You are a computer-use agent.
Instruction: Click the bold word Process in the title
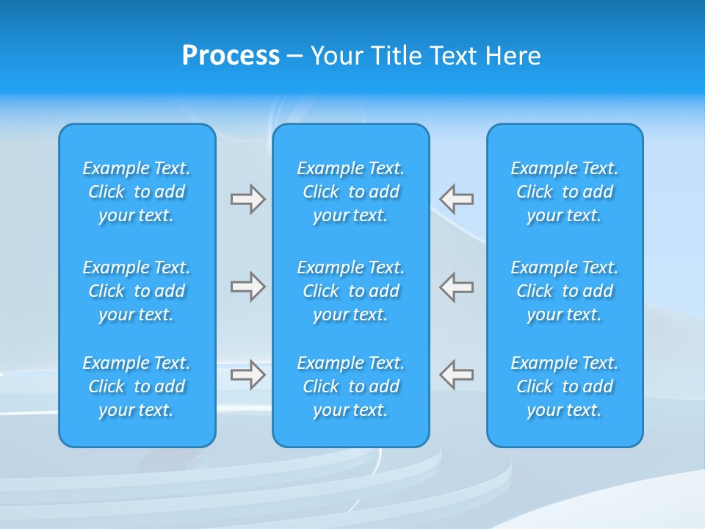point(231,56)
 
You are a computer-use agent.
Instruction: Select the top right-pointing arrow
point(247,199)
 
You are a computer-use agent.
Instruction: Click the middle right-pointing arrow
point(247,287)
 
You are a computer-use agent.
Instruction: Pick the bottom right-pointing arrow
point(247,375)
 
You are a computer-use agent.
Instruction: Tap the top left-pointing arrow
point(457,199)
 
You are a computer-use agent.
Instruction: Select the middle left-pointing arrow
point(457,287)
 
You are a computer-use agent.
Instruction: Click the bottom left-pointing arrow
point(457,375)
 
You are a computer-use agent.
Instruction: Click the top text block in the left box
point(137,192)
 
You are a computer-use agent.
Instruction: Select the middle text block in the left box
point(137,291)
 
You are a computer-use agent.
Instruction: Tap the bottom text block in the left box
point(137,386)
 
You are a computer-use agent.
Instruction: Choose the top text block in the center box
point(351,192)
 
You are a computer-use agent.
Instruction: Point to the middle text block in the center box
point(351,291)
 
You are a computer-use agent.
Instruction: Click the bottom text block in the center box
point(351,386)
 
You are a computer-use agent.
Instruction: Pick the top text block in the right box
point(565,192)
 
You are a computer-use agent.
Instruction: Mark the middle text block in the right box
point(565,291)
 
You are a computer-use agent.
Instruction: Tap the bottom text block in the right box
point(565,386)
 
